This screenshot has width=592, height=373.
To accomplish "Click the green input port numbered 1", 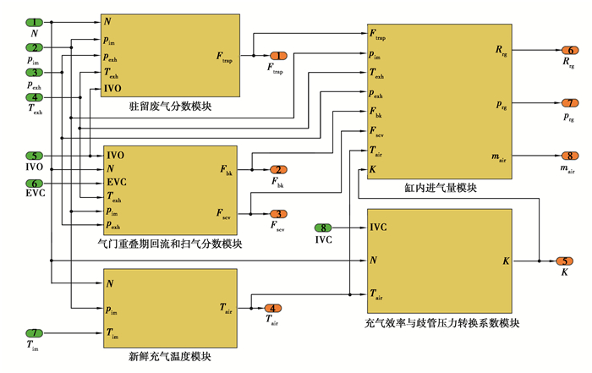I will click(x=35, y=22).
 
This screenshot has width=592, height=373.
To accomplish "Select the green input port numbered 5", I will click(x=35, y=156).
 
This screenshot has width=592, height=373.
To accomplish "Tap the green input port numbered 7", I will click(x=35, y=333).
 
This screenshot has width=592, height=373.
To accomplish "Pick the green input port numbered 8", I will click(x=325, y=228).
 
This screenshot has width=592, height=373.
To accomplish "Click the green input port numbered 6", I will click(x=35, y=183).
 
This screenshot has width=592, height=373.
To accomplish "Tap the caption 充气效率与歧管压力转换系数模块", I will click(x=441, y=322).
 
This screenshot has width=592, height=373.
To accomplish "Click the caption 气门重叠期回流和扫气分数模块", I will click(x=170, y=244).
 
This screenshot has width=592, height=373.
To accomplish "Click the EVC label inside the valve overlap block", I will click(x=117, y=182).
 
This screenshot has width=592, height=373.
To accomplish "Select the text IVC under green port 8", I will click(x=325, y=240).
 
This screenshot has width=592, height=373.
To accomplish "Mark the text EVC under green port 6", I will click(x=35, y=195).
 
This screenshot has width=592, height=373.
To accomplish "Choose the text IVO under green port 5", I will click(x=35, y=169).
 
